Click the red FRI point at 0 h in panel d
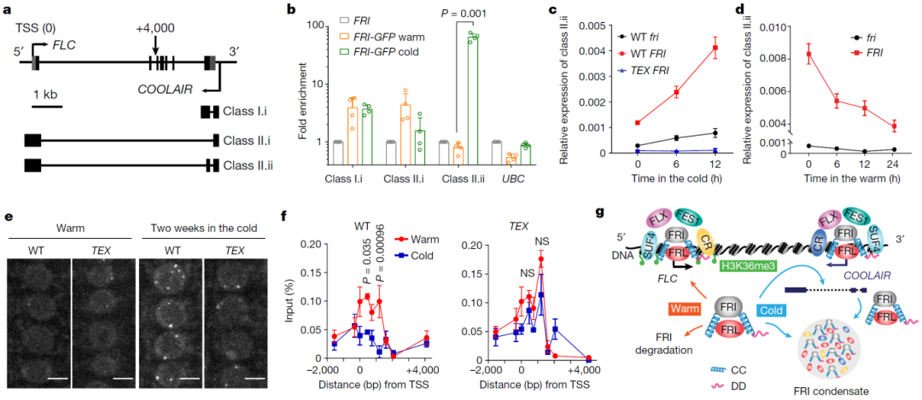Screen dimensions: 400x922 (x=808, y=54)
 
